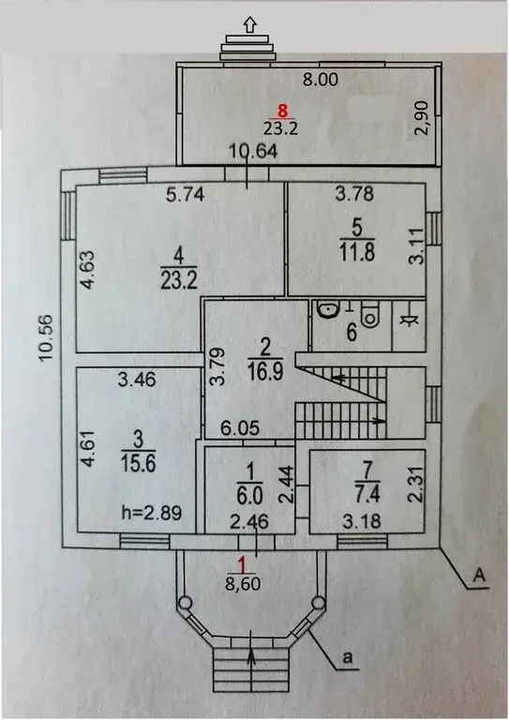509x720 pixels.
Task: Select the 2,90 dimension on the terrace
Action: (x=422, y=120)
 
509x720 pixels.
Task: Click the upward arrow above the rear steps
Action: (x=248, y=25)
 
